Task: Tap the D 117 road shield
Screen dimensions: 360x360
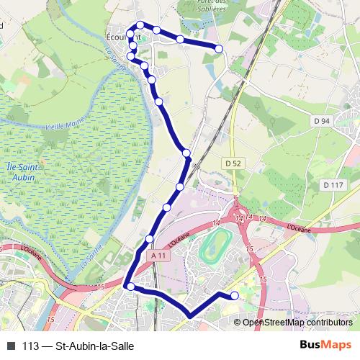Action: [x=333, y=185]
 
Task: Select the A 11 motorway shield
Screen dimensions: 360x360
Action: [x=161, y=255]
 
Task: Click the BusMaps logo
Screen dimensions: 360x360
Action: [x=325, y=346]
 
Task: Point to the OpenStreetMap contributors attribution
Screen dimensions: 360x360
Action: [x=297, y=323]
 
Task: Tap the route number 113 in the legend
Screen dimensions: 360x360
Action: [x=30, y=346]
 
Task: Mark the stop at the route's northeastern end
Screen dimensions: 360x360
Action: [x=219, y=48]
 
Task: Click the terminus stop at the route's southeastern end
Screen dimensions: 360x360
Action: [x=234, y=295]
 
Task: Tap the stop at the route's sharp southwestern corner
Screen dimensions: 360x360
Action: [x=130, y=287]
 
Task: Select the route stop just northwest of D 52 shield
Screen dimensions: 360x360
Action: [x=186, y=153]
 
